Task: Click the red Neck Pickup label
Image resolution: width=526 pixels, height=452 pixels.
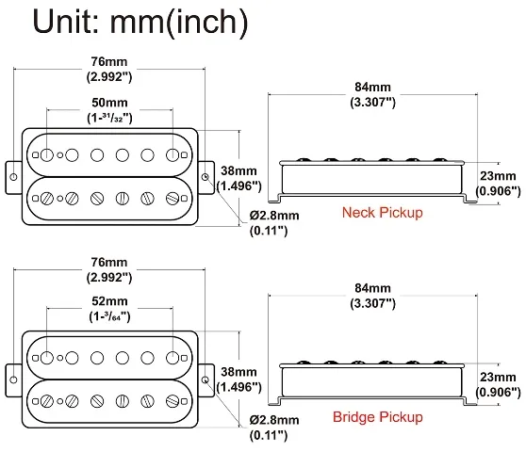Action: tap(382, 213)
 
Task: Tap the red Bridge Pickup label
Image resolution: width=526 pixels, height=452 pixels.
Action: tap(377, 417)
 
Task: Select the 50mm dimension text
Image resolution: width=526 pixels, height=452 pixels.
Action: tap(109, 103)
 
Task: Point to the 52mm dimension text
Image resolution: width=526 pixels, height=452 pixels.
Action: tap(109, 301)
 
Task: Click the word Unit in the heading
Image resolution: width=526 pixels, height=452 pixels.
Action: tap(66, 22)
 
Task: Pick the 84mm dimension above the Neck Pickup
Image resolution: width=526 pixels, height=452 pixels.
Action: tap(372, 87)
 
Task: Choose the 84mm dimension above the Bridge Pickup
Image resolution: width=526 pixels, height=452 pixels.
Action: tap(372, 288)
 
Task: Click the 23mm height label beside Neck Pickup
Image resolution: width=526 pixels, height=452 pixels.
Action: tap(498, 175)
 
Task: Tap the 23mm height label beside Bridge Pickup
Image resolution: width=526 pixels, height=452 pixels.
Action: tap(498, 377)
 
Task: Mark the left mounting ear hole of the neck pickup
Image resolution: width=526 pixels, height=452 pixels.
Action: tap(13, 177)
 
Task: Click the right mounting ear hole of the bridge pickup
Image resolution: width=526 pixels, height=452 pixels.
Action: tap(205, 379)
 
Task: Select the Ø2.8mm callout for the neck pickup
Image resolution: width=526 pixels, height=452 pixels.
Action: tap(274, 215)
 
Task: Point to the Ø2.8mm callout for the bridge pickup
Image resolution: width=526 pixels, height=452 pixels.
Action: tap(274, 419)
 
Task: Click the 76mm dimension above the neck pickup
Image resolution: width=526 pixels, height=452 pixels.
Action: tap(109, 61)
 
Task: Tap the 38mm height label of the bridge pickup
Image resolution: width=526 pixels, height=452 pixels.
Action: tap(238, 372)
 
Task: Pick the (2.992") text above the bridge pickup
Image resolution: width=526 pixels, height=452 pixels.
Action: tap(109, 278)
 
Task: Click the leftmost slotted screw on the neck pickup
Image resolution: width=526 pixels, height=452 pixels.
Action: tap(47, 199)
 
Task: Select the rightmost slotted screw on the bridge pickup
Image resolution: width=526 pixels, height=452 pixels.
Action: tap(173, 401)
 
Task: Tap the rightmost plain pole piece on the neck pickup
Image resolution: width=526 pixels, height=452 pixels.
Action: tap(173, 154)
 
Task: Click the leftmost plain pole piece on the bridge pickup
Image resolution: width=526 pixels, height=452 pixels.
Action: tap(47, 358)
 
